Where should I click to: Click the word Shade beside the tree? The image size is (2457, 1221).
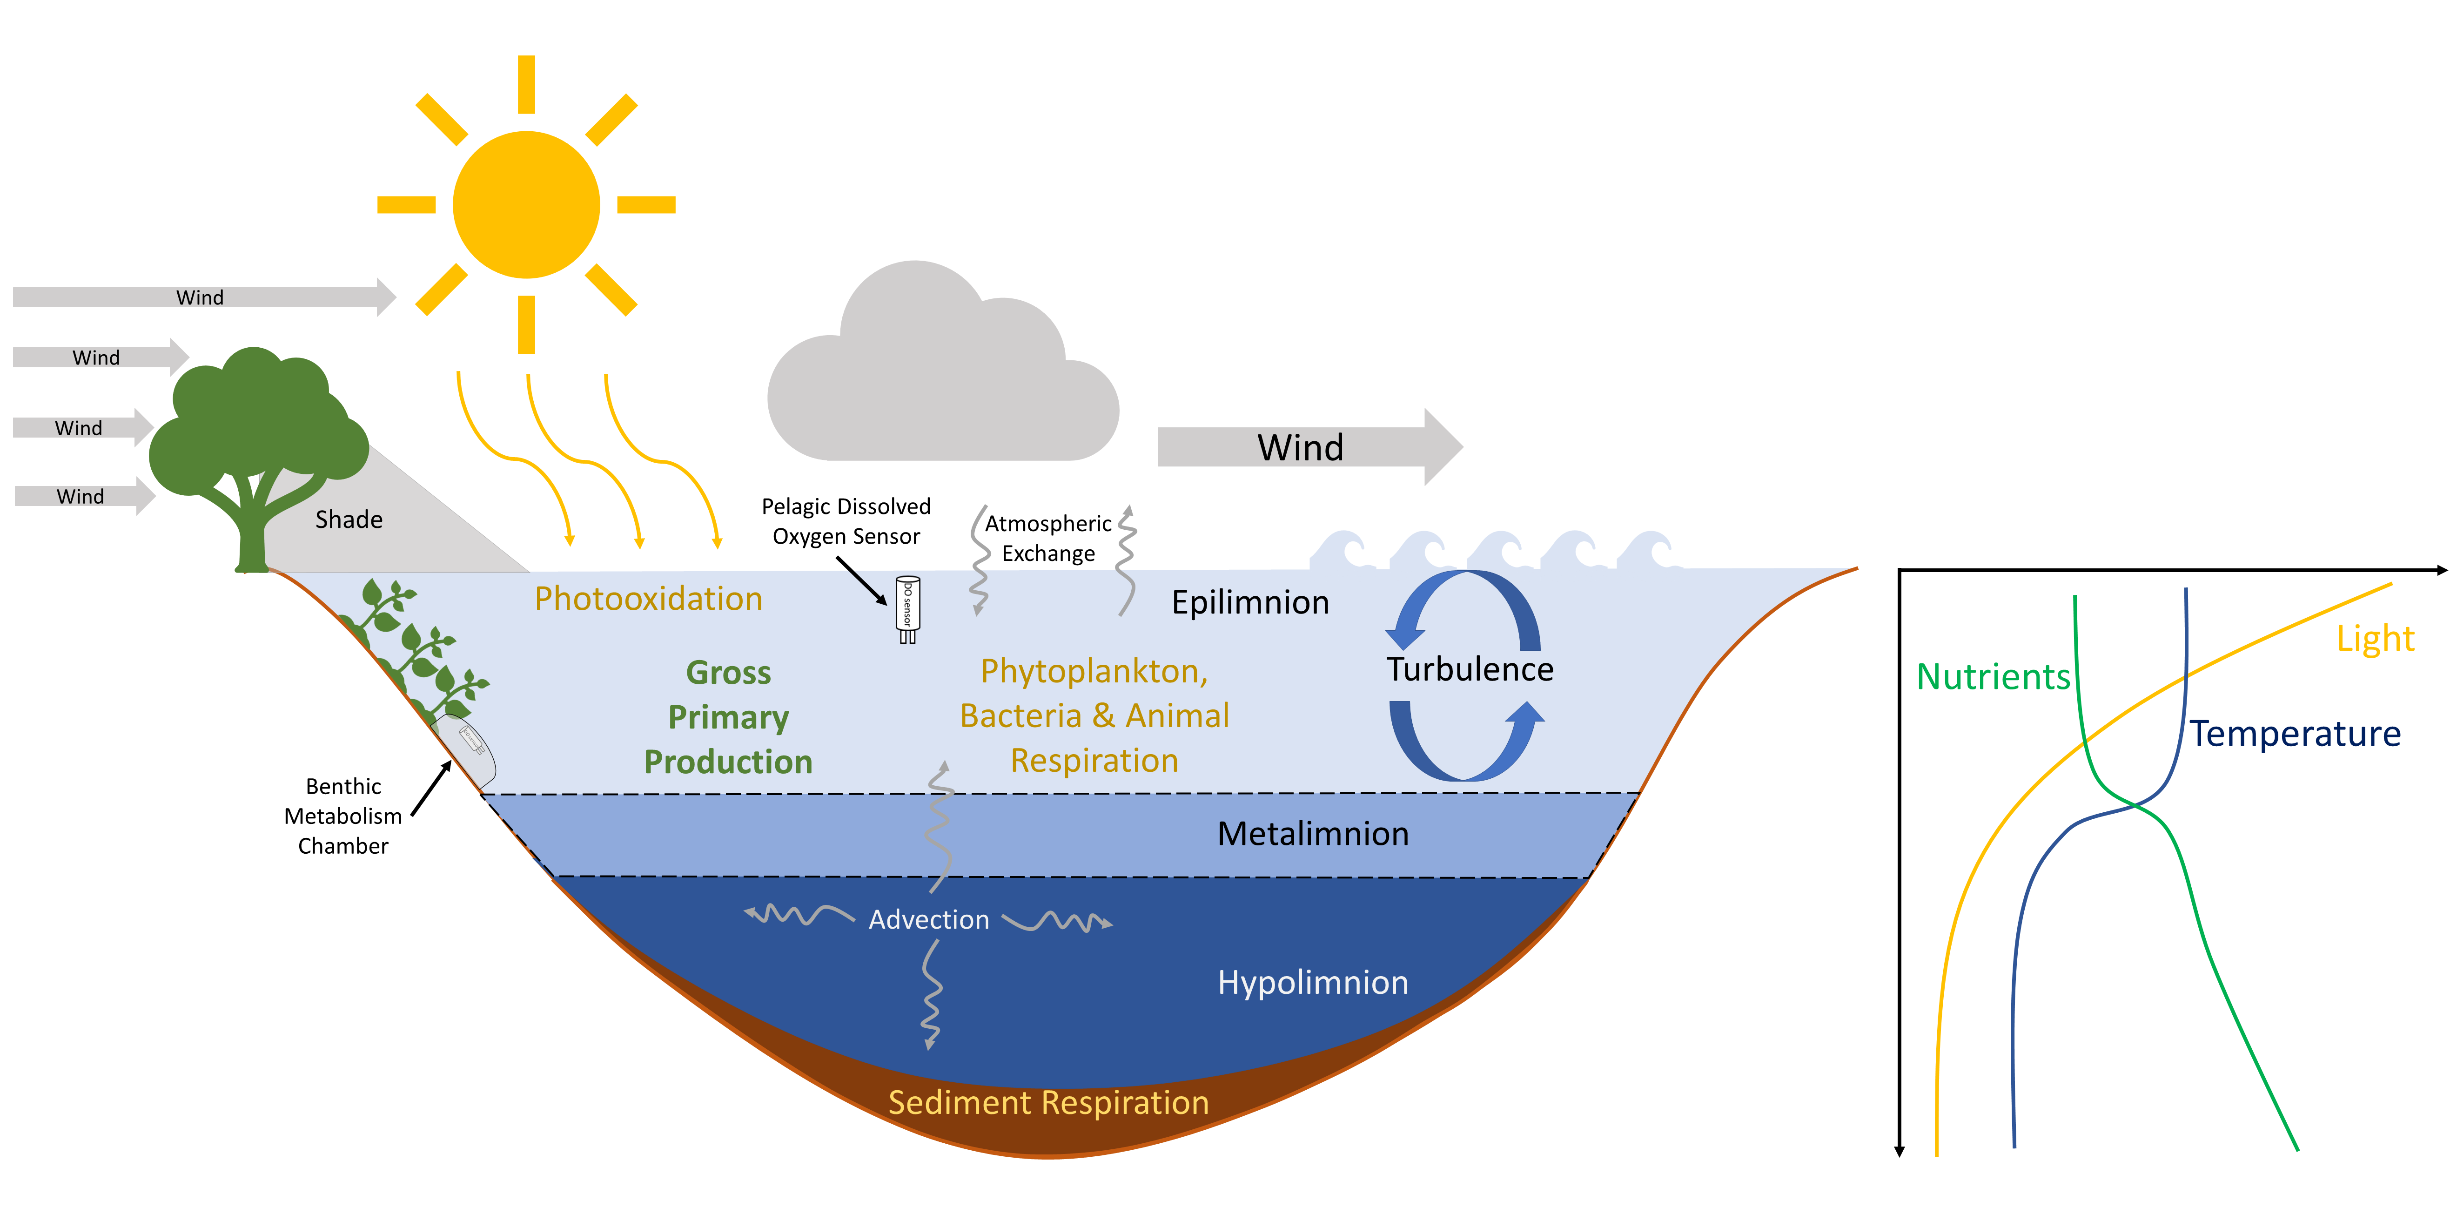pos(349,520)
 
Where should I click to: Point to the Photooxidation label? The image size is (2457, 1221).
pos(649,599)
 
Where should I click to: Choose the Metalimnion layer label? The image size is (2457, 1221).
pos(1312,834)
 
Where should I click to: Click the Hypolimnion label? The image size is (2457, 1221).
pos(1312,983)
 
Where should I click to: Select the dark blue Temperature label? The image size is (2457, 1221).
pos(2294,735)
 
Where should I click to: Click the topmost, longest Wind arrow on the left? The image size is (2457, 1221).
pos(200,297)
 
